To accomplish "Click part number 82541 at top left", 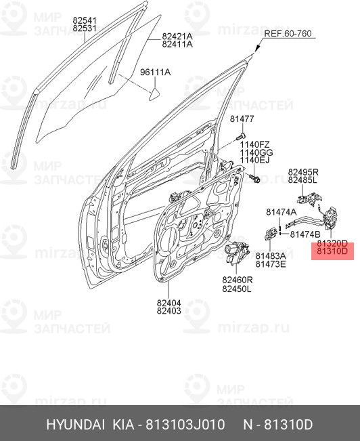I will pyautogui.click(x=85, y=21).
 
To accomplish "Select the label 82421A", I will pyautogui.click(x=177, y=36).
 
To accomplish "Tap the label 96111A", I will pyautogui.click(x=155, y=72).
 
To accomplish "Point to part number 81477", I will pyautogui.click(x=241, y=119).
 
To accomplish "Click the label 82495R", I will pyautogui.click(x=302, y=172).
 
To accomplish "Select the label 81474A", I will pyautogui.click(x=281, y=212).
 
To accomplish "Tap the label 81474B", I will pyautogui.click(x=306, y=234).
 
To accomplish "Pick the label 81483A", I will pyautogui.click(x=271, y=255).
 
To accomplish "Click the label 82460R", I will pyautogui.click(x=237, y=279).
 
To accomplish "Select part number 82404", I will pyautogui.click(x=168, y=303).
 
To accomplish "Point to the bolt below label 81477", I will pyautogui.click(x=240, y=137).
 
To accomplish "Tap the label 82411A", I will pyautogui.click(x=177, y=44).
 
